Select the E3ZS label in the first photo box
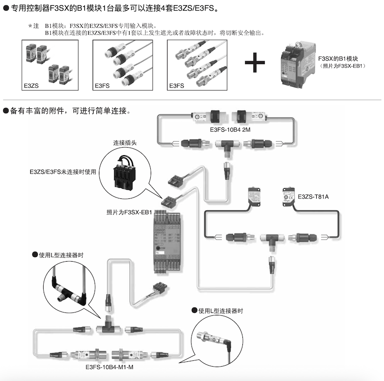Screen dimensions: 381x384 (x=31, y=86)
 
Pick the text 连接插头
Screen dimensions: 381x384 (x=125, y=143)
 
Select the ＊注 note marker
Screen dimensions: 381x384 (x=33, y=26)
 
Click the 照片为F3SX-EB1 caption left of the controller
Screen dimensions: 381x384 (x=129, y=211)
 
